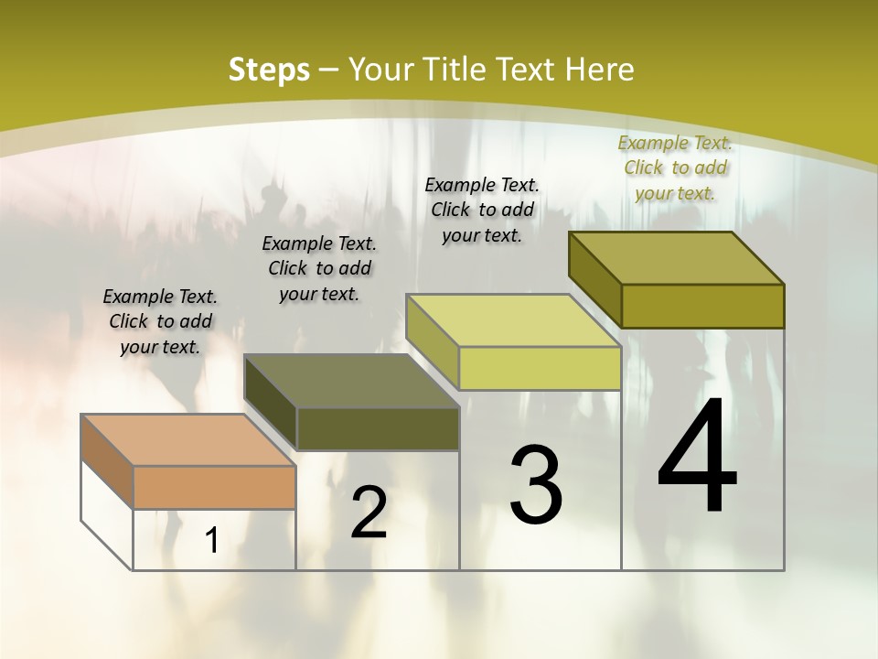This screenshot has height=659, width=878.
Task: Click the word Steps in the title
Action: click(269, 70)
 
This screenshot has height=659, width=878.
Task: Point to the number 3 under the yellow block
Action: click(536, 485)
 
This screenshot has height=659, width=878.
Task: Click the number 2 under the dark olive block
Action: click(369, 513)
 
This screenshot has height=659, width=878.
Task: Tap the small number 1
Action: click(212, 541)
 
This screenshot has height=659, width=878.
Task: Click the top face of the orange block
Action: click(187, 440)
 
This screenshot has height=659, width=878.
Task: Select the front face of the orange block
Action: click(214, 488)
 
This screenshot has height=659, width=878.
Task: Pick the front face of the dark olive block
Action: click(378, 429)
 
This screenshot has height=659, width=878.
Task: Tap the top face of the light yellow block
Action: click(513, 320)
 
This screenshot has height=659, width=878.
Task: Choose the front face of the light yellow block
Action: click(540, 369)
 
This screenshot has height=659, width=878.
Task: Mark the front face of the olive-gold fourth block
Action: click(702, 307)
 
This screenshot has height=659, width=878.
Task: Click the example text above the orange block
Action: click(160, 321)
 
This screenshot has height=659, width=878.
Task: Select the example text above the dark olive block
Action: click(319, 268)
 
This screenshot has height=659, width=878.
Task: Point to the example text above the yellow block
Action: click(482, 210)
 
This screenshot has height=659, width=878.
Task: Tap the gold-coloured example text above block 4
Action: click(675, 167)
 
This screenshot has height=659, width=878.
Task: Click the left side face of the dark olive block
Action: click(271, 402)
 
